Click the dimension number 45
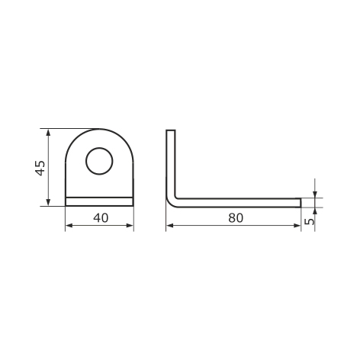point(40,168)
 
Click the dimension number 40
point(101,218)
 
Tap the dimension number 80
point(236,218)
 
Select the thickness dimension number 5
point(309,221)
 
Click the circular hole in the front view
point(99,161)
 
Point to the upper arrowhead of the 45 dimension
point(48,132)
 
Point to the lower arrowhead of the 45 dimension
point(48,203)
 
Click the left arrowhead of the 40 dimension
point(69,226)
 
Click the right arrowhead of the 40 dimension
point(130,226)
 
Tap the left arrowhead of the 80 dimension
point(169,226)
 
